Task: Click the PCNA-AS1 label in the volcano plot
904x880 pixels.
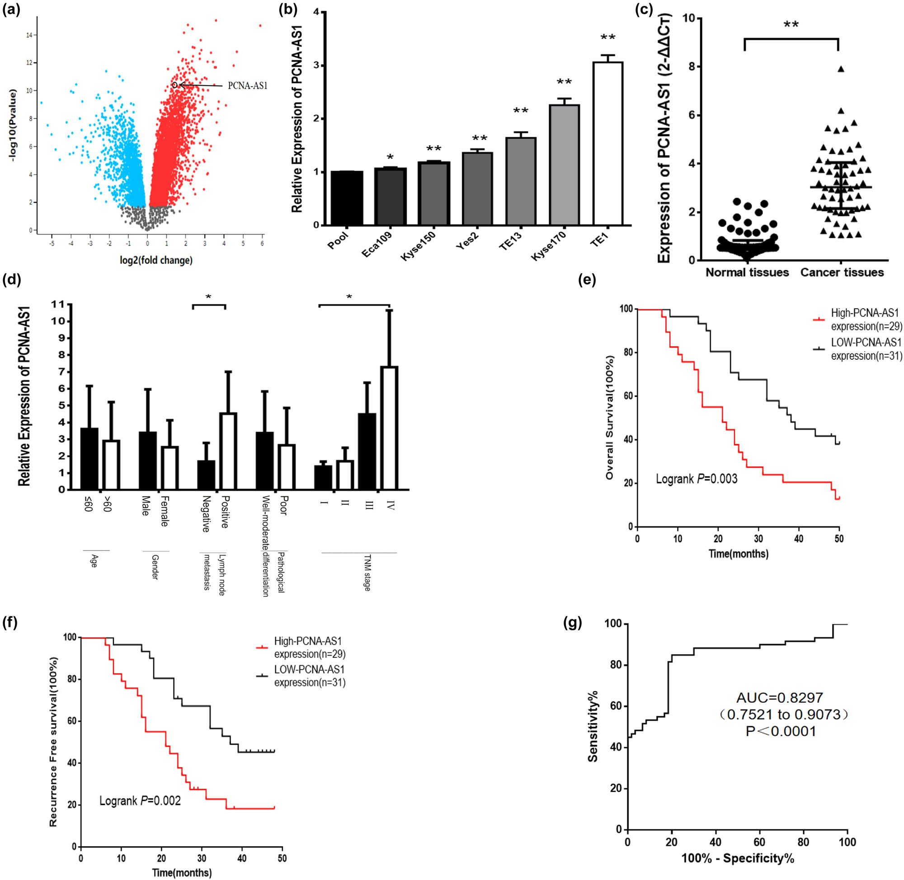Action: click(247, 86)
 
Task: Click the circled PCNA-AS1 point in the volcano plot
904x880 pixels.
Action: click(175, 85)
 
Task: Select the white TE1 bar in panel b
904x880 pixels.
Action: click(607, 143)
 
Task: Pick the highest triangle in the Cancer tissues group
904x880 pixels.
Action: click(841, 69)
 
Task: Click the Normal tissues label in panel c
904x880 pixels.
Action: click(747, 273)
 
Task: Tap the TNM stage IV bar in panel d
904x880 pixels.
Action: click(389, 428)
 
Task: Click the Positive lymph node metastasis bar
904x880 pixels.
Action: click(228, 451)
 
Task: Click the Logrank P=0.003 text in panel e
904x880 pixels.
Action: click(697, 479)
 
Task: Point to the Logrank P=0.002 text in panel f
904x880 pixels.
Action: click(140, 800)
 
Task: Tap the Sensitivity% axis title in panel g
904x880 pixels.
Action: click(593, 726)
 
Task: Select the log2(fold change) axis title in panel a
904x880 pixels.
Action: click(156, 260)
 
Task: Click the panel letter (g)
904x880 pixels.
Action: click(573, 623)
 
